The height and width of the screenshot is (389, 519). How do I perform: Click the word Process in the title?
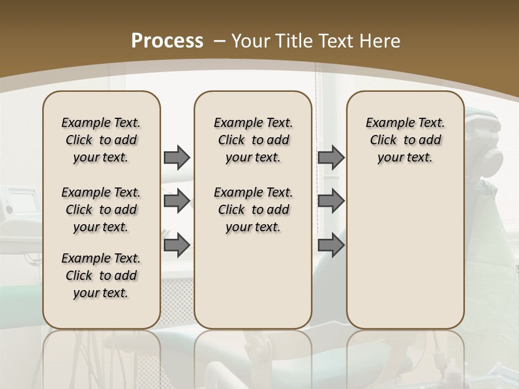(168, 41)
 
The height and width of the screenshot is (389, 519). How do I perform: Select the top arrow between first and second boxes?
(177, 157)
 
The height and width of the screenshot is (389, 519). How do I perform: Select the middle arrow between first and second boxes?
(177, 201)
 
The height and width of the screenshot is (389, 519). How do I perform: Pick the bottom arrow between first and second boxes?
(177, 245)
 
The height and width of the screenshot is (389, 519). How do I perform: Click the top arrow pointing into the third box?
(331, 157)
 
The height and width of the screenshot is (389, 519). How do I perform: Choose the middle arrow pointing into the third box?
(331, 201)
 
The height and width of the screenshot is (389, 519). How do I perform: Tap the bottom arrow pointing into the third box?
(331, 245)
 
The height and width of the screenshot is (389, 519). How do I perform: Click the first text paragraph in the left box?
(101, 140)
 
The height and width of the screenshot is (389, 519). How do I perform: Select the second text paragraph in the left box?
(101, 210)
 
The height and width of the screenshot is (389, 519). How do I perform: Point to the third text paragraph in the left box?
(101, 276)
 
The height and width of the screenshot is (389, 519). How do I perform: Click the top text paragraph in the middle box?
(253, 140)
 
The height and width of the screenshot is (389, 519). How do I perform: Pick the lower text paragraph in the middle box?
(253, 210)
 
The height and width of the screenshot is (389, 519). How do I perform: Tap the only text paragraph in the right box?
(405, 140)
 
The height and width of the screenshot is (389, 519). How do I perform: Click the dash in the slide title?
(220, 41)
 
